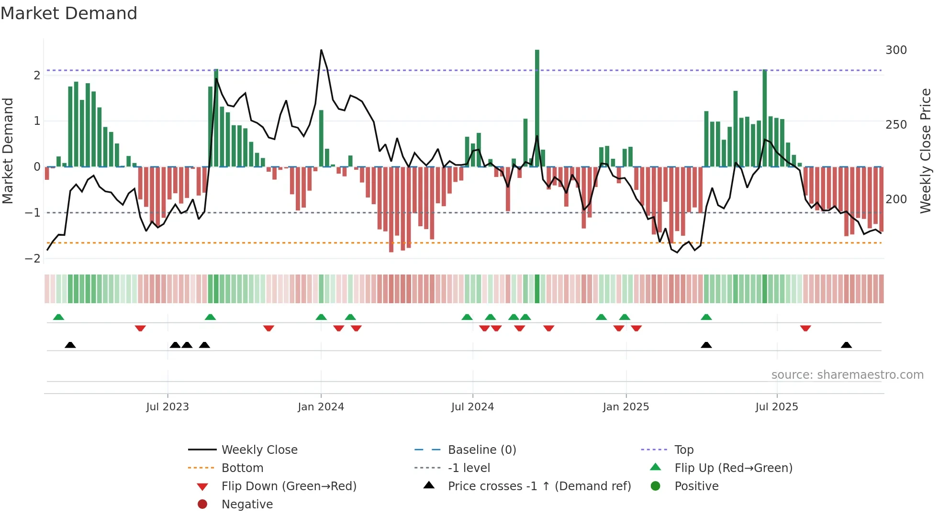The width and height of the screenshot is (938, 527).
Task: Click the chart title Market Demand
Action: point(69,13)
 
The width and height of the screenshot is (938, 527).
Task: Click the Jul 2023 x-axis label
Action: point(167,407)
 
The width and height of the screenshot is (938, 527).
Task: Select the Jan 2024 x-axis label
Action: point(321,407)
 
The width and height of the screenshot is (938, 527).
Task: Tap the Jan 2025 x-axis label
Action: point(625,407)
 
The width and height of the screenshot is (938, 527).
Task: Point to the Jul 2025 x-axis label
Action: point(777,407)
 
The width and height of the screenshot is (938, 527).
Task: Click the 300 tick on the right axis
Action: point(896,50)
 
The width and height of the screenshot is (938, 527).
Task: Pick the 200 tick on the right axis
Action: point(896,199)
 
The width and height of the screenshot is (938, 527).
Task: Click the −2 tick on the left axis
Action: point(33,259)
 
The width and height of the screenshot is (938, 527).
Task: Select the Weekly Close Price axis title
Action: point(926,151)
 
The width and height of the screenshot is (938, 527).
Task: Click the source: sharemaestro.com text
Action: point(847,375)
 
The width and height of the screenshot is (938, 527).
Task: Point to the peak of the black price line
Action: point(321,50)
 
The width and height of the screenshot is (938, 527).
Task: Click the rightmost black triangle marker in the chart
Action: point(846,345)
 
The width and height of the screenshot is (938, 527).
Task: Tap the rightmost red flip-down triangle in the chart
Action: point(805,329)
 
